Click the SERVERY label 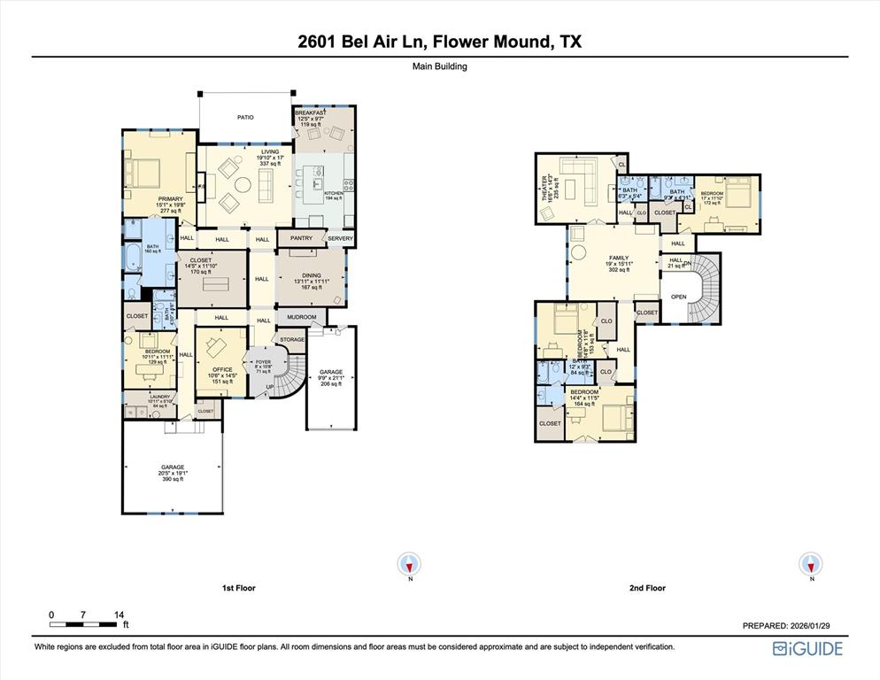[x=340, y=238]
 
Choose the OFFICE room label [x=222, y=369]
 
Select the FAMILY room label [x=618, y=258]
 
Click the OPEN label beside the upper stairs [x=679, y=297]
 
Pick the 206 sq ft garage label [x=331, y=373]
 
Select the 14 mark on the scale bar [x=120, y=614]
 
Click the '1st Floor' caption [x=238, y=588]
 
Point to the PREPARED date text [x=785, y=626]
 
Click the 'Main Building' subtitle [x=439, y=66]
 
